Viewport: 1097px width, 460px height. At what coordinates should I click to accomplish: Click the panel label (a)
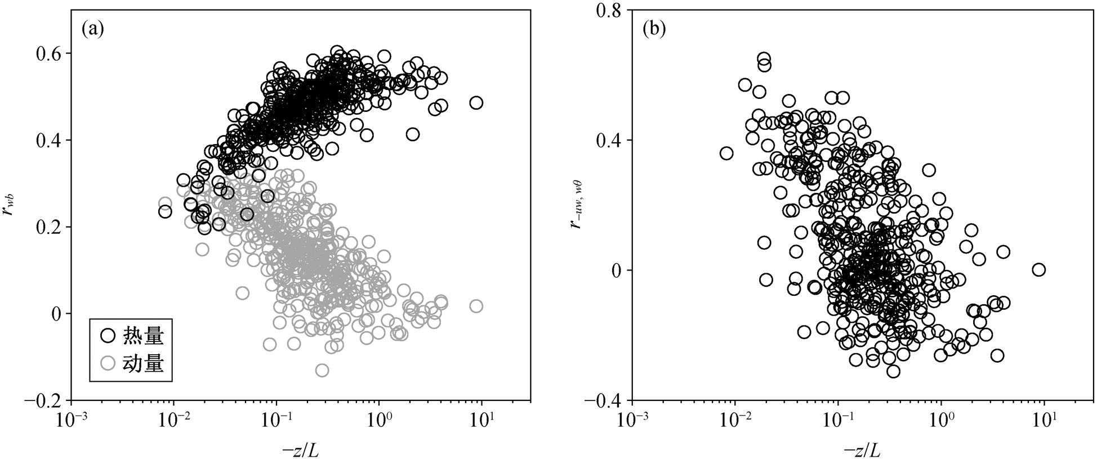(93, 29)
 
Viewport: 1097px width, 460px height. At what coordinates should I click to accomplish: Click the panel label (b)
(654, 29)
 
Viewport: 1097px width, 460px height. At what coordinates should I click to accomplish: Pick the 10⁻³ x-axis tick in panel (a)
(71, 421)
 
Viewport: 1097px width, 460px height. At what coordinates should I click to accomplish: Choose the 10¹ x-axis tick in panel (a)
(482, 421)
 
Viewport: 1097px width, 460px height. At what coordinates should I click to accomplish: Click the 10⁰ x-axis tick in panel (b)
(941, 421)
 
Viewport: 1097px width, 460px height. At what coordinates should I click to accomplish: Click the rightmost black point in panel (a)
(476, 103)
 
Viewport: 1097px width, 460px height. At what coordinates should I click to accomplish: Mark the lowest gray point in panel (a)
(322, 371)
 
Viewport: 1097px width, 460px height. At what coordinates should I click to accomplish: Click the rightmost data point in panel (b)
(1039, 270)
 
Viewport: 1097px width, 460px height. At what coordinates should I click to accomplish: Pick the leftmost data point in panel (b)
(726, 153)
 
